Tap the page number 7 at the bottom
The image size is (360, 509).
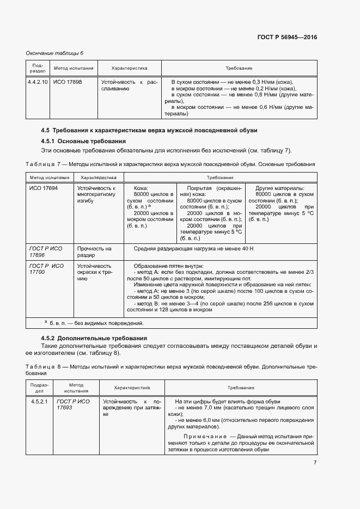point(315,463)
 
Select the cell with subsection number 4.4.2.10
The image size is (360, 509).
point(38,82)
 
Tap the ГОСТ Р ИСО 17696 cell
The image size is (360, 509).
point(46,252)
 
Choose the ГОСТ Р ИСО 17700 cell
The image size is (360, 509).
point(46,269)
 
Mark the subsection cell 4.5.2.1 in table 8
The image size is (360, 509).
point(38,401)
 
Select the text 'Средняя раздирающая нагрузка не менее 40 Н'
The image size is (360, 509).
point(190,248)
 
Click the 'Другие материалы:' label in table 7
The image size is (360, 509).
point(280,188)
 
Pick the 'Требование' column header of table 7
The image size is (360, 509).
point(219,177)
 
